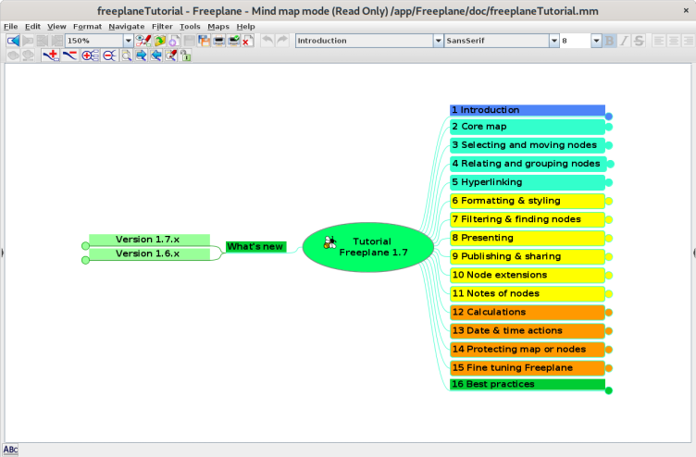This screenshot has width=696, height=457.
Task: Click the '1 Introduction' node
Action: tap(527, 110)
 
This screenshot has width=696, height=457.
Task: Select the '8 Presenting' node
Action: tap(527, 238)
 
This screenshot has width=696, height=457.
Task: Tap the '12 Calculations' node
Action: tap(527, 312)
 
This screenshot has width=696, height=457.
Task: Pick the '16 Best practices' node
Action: tap(527, 384)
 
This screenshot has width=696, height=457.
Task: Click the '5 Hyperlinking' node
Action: tap(527, 182)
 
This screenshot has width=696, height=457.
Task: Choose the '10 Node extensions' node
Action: tap(527, 275)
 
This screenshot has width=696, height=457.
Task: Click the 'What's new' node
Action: tap(255, 246)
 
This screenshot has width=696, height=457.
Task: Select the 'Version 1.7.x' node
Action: tap(148, 240)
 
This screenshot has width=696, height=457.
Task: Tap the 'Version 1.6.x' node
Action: tap(148, 253)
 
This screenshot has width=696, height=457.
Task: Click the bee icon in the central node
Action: tap(330, 242)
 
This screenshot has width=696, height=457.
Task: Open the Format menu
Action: tap(87, 27)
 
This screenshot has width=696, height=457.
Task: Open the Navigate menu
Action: tap(126, 27)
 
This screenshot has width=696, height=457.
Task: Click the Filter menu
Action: tap(162, 27)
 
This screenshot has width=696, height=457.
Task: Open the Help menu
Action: tap(245, 27)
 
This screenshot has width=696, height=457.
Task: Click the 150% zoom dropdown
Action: tap(99, 41)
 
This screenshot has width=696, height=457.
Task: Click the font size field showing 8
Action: tap(574, 41)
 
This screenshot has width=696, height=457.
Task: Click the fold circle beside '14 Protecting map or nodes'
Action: tap(609, 349)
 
